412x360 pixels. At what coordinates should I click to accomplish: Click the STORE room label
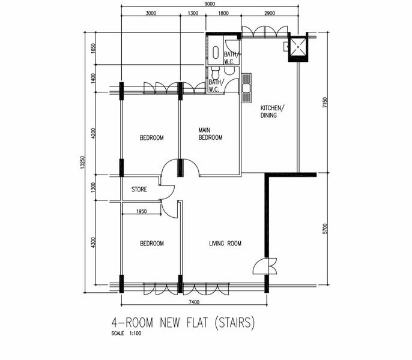pyautogui.click(x=139, y=190)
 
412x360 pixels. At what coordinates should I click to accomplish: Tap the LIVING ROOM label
pyautogui.click(x=225, y=244)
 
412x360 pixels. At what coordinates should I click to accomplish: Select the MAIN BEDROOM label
pyautogui.click(x=210, y=134)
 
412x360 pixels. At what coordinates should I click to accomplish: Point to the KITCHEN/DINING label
pyautogui.click(x=272, y=112)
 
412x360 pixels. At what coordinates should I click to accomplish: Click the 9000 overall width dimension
pyautogui.click(x=210, y=4)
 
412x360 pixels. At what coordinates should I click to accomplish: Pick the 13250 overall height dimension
pyautogui.click(x=83, y=162)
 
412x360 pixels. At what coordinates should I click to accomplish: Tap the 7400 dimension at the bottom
pyautogui.click(x=194, y=302)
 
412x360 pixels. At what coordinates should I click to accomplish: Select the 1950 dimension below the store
pyautogui.click(x=141, y=211)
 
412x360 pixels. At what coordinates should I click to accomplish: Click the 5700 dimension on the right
pyautogui.click(x=326, y=229)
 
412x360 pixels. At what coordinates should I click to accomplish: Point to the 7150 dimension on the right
pyautogui.click(x=326, y=103)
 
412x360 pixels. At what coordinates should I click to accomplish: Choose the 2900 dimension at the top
pyautogui.click(x=270, y=13)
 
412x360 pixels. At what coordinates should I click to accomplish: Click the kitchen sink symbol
pyautogui.click(x=246, y=88)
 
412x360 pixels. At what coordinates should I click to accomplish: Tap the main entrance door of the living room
pyautogui.click(x=265, y=266)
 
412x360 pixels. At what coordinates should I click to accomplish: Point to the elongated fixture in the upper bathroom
pyautogui.click(x=216, y=53)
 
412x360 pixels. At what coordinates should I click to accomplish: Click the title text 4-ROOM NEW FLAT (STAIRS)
pyautogui.click(x=183, y=322)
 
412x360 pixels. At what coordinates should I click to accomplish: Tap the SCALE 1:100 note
pyautogui.click(x=126, y=334)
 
